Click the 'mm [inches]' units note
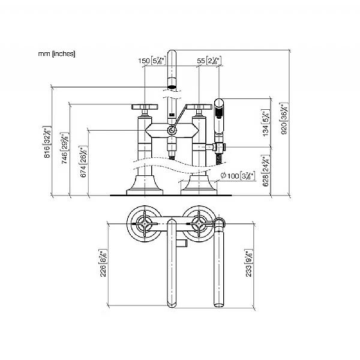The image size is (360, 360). coord(57,54)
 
